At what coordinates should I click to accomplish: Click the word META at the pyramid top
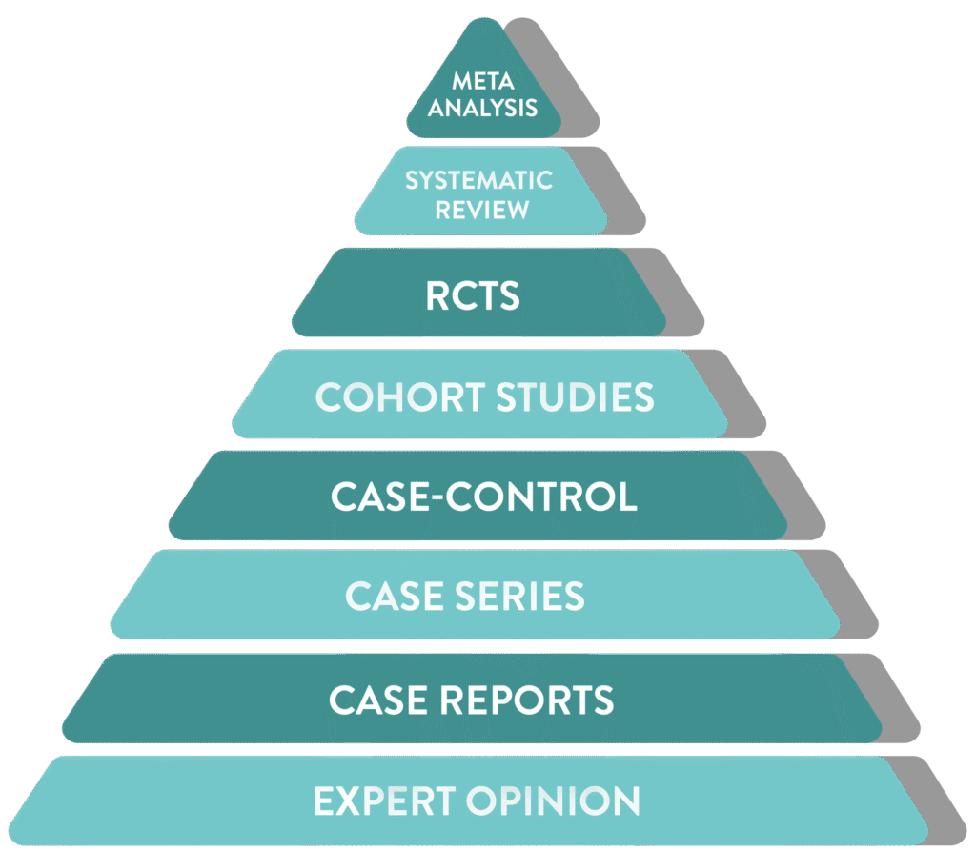[482, 83]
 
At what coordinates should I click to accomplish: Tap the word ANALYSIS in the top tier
[482, 108]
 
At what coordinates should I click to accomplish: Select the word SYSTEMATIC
[478, 180]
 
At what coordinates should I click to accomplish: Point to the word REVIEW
[482, 209]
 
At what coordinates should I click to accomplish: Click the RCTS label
[473, 296]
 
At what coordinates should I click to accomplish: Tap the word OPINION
[559, 801]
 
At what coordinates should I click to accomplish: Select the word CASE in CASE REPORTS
[380, 700]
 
